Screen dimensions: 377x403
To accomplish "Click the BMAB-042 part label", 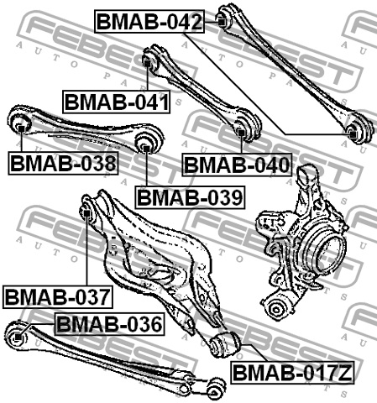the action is (x=149, y=21).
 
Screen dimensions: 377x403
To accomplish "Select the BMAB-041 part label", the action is (x=116, y=102).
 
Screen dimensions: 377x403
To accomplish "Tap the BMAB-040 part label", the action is (x=237, y=165).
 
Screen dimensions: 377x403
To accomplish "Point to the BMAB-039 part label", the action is (x=190, y=197).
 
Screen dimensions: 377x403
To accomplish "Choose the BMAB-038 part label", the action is (x=63, y=163).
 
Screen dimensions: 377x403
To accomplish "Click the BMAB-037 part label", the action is (x=58, y=297).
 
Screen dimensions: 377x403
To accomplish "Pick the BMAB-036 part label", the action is (x=110, y=324).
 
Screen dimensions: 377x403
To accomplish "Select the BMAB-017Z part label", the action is (x=292, y=373).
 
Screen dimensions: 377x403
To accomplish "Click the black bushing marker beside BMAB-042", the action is (x=222, y=22).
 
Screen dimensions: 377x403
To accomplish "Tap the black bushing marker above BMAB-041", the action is (x=147, y=63).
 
